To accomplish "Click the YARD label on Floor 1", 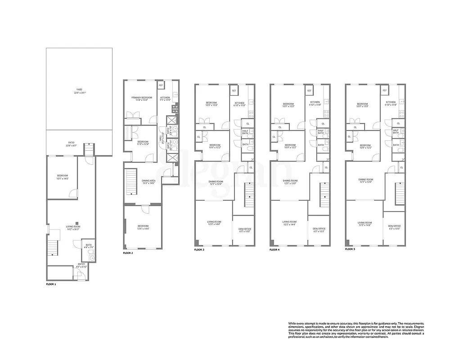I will pos(79,90).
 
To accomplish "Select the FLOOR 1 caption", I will pos(52,285).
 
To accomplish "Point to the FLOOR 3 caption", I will pos(199,249).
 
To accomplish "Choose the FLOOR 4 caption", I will pos(274,249).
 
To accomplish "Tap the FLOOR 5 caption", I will pos(350,249).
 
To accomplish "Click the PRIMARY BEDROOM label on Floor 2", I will pos(142,98).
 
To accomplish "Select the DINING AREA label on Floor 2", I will pos(142,180).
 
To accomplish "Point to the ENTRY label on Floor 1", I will pos(81,264).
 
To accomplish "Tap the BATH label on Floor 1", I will pos(89,245).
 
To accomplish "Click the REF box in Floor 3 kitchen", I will pos(234,91).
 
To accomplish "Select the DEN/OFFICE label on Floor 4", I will pos(319,229).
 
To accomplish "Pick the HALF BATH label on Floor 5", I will pos(396,131).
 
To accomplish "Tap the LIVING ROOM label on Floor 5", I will pos(364,223).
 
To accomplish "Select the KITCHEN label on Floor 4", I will pos(315,103).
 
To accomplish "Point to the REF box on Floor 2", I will pos(161,85).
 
